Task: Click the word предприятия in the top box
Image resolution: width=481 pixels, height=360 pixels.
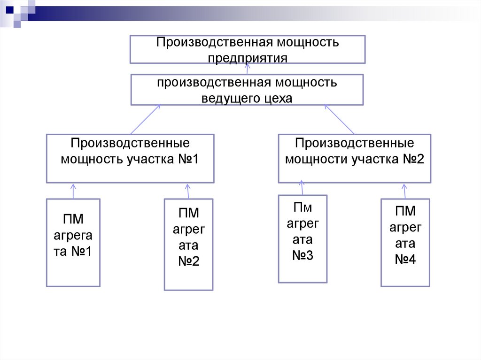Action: pyautogui.click(x=248, y=58)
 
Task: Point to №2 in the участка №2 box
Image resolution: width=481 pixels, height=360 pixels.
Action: pyautogui.click(x=413, y=159)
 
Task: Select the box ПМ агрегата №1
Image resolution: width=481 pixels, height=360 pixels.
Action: pyautogui.click(x=73, y=242)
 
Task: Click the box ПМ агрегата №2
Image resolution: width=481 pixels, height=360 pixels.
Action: pyautogui.click(x=188, y=244)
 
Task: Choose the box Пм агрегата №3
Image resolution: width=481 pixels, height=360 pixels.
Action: pyautogui.click(x=303, y=239)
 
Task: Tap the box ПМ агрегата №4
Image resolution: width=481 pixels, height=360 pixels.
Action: pyautogui.click(x=405, y=243)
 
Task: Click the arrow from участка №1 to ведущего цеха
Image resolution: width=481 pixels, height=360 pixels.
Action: pyautogui.click(x=145, y=120)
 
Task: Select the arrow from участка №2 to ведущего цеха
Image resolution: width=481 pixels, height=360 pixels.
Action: pyautogui.click(x=339, y=119)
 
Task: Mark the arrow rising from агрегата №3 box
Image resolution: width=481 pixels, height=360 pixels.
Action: pyautogui.click(x=302, y=188)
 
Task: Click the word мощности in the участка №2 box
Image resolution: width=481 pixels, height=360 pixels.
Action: pyautogui.click(x=316, y=159)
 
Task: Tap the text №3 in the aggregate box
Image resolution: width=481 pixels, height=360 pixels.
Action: pyautogui.click(x=303, y=256)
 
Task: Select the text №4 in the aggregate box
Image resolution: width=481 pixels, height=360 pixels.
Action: pyautogui.click(x=405, y=259)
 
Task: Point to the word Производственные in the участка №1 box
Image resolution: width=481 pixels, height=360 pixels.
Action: pyautogui.click(x=130, y=143)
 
